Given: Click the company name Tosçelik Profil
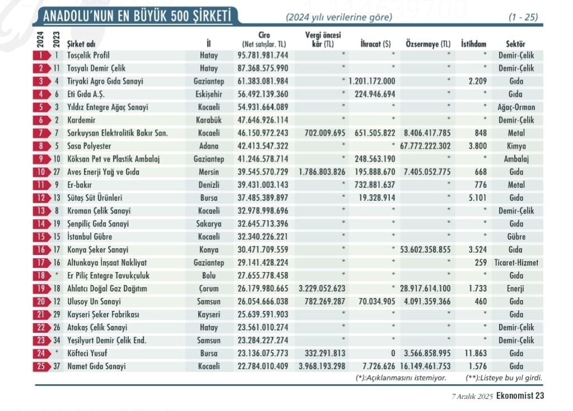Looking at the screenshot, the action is (x=88, y=55).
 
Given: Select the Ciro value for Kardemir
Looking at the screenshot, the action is (x=263, y=120).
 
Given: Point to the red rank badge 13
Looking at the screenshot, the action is (x=41, y=211).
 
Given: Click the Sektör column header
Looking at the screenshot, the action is (x=515, y=44).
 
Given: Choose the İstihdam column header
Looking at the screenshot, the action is (x=473, y=44).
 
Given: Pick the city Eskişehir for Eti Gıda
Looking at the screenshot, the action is (x=209, y=95).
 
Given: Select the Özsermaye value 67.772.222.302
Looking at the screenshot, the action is (x=425, y=146).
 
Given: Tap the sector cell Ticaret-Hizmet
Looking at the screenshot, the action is (x=516, y=263).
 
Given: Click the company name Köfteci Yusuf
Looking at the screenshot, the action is (x=87, y=353).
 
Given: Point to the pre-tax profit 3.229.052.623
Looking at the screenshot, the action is (x=322, y=289).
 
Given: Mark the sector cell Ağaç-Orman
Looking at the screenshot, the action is (x=516, y=107).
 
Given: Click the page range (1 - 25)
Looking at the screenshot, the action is (x=523, y=17).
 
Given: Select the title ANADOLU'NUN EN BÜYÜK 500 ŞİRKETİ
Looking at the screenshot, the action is (x=138, y=16).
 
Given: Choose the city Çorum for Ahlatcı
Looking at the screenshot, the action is (x=209, y=289).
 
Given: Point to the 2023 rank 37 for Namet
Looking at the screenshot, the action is (x=57, y=366).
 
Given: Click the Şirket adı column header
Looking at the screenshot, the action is (x=81, y=44).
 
